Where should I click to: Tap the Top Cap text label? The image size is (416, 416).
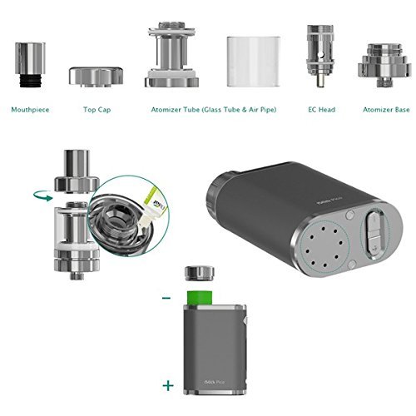click(x=96, y=109)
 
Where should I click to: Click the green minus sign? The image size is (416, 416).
click(x=167, y=297)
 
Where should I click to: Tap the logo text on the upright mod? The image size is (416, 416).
click(x=201, y=376)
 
